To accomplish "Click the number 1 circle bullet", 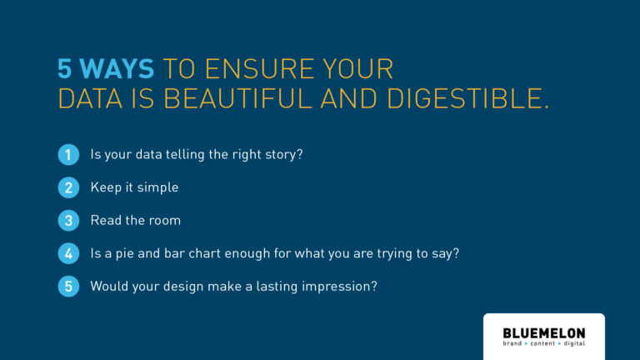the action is click(68, 155).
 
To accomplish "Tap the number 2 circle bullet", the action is click(68, 187).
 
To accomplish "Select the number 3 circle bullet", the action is click(68, 221).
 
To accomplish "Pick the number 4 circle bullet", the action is click(68, 253).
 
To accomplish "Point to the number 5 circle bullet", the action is click(68, 287).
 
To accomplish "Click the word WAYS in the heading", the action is click(117, 68).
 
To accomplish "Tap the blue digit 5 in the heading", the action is click(64, 68).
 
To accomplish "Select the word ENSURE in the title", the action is click(260, 68).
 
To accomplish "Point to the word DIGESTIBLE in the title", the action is click(464, 99).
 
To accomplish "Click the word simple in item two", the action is click(157, 187).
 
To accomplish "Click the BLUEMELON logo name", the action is click(544, 333).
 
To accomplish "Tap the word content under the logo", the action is click(542, 343).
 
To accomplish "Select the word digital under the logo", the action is click(575, 343).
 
